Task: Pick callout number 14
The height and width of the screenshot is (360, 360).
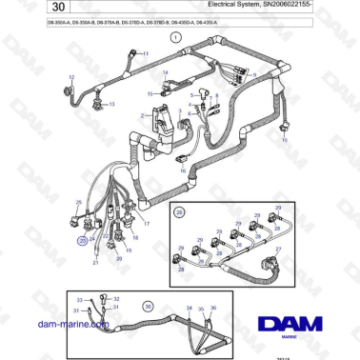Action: click(x=164, y=72)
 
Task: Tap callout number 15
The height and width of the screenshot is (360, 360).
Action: click(x=150, y=93)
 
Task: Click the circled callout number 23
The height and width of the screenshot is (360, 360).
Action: click(x=82, y=242)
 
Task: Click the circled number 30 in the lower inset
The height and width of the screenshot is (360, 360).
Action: click(x=147, y=307)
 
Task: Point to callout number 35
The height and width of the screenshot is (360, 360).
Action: click(x=200, y=309)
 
